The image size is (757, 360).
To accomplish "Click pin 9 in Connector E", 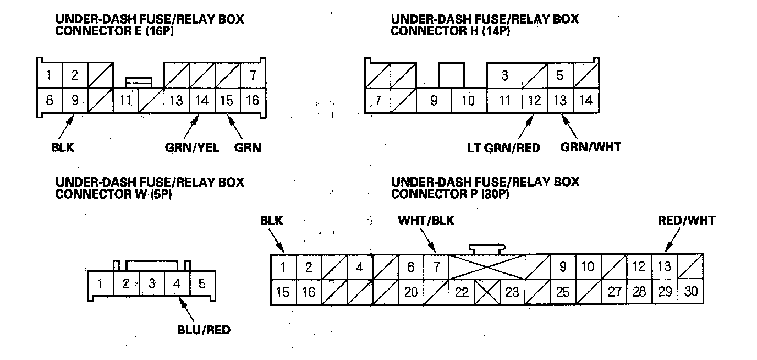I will pyautogui.click(x=74, y=101).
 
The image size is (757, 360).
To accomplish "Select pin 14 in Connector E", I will pyautogui.click(x=202, y=101).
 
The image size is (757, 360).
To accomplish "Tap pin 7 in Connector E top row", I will pyautogui.click(x=253, y=75).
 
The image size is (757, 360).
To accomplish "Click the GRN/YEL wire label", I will pyautogui.click(x=193, y=148).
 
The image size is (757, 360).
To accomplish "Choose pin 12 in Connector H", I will pyautogui.click(x=534, y=101).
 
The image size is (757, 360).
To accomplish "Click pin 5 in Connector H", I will pyautogui.click(x=560, y=75).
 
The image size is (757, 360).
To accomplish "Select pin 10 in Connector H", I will pyautogui.click(x=468, y=101).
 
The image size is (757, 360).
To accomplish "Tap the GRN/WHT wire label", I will pyautogui.click(x=590, y=148).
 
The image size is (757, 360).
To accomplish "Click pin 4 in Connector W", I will pyautogui.click(x=177, y=285).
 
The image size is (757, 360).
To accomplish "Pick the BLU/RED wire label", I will pyautogui.click(x=204, y=330).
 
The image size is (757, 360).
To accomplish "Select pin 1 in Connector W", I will pyautogui.click(x=101, y=285).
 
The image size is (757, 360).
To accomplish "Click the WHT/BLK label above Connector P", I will pyautogui.click(x=426, y=221).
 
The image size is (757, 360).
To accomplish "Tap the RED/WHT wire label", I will pyautogui.click(x=687, y=221).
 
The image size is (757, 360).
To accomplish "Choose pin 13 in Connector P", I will pyautogui.click(x=665, y=267).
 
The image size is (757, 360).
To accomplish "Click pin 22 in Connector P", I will pyautogui.click(x=462, y=292).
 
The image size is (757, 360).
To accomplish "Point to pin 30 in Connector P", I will pyautogui.click(x=690, y=292).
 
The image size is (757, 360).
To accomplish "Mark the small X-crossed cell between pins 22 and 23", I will pyautogui.click(x=487, y=292).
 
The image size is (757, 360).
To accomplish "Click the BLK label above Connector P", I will pyautogui.click(x=272, y=221).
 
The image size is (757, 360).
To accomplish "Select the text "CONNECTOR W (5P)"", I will pyautogui.click(x=113, y=195).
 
